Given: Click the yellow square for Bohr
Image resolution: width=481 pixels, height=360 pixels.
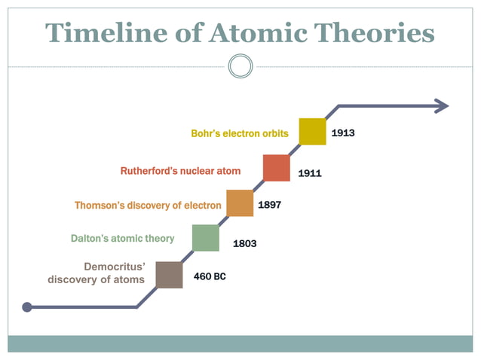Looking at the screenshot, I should (x=312, y=131).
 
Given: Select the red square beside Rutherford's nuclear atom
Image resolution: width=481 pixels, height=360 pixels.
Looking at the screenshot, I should (x=277, y=167).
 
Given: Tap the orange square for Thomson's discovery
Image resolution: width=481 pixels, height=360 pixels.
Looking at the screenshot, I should (x=240, y=203).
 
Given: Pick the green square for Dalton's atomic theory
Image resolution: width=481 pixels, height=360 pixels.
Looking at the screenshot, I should (x=205, y=237).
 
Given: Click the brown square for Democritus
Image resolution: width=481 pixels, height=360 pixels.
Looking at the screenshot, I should (x=169, y=274).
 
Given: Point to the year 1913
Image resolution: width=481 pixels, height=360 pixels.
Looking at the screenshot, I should (x=343, y=133).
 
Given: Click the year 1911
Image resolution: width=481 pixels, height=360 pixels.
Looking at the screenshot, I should (x=309, y=173).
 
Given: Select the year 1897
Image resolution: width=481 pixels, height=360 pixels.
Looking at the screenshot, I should (x=270, y=204).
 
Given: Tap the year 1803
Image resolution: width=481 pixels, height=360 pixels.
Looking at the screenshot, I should (x=244, y=243).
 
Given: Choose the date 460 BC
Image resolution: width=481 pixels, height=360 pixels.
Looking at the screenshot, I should (x=210, y=276).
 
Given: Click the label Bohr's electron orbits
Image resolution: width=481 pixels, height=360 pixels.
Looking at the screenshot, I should (x=240, y=133).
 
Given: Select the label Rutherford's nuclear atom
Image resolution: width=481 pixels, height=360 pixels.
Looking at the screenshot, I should (x=180, y=171).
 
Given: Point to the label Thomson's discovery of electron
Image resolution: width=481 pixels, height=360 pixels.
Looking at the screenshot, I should (x=148, y=205).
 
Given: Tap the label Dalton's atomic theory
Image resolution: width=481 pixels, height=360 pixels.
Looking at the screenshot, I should (x=122, y=238).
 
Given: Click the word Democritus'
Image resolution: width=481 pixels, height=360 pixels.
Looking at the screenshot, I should (x=115, y=267).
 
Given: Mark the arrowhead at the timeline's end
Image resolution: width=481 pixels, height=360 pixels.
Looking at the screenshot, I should (x=441, y=106).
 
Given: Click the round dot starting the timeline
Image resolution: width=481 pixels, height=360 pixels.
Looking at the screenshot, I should (x=28, y=307).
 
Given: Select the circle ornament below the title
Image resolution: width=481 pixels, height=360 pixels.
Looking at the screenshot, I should (x=240, y=66).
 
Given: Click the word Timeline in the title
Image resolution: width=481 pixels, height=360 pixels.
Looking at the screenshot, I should (x=103, y=33).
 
